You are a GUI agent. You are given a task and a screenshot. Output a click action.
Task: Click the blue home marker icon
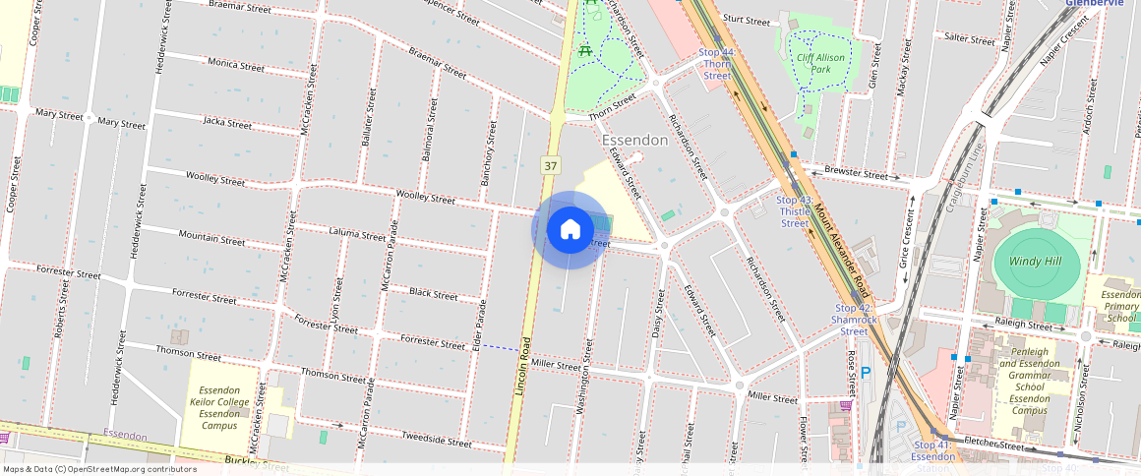coord(570,230)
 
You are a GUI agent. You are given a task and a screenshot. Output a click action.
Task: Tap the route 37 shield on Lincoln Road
coord(551,166)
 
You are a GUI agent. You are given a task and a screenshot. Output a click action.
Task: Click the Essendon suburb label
coord(634,141)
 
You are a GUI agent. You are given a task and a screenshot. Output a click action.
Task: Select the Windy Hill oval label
coord(1037,263)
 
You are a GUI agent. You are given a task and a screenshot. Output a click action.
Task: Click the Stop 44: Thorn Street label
coord(717,63)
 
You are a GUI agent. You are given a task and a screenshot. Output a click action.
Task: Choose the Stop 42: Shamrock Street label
coord(854,320)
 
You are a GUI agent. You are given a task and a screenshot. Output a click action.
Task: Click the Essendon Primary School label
coord(1120,306)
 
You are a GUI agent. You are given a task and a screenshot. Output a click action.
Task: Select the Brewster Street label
coord(856,172)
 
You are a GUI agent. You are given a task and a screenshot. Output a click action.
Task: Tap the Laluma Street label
coord(357,236)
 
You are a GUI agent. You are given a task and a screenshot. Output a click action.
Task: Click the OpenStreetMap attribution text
coord(98,469)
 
